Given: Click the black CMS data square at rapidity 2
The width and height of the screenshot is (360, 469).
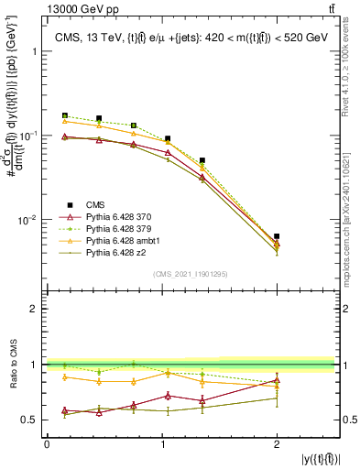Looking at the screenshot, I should [277, 236].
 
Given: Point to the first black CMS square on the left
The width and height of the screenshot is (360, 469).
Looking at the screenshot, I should [64, 116].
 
